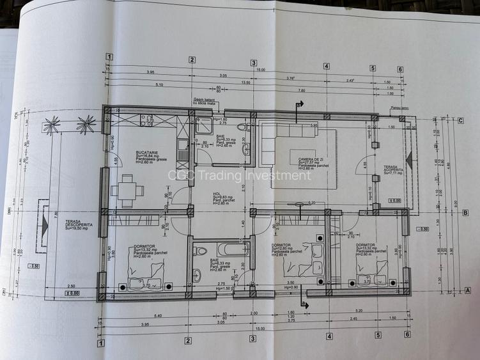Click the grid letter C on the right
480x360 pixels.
pos(460,120)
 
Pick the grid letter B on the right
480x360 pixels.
pos(466,214)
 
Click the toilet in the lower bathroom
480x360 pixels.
pos(198,276)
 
